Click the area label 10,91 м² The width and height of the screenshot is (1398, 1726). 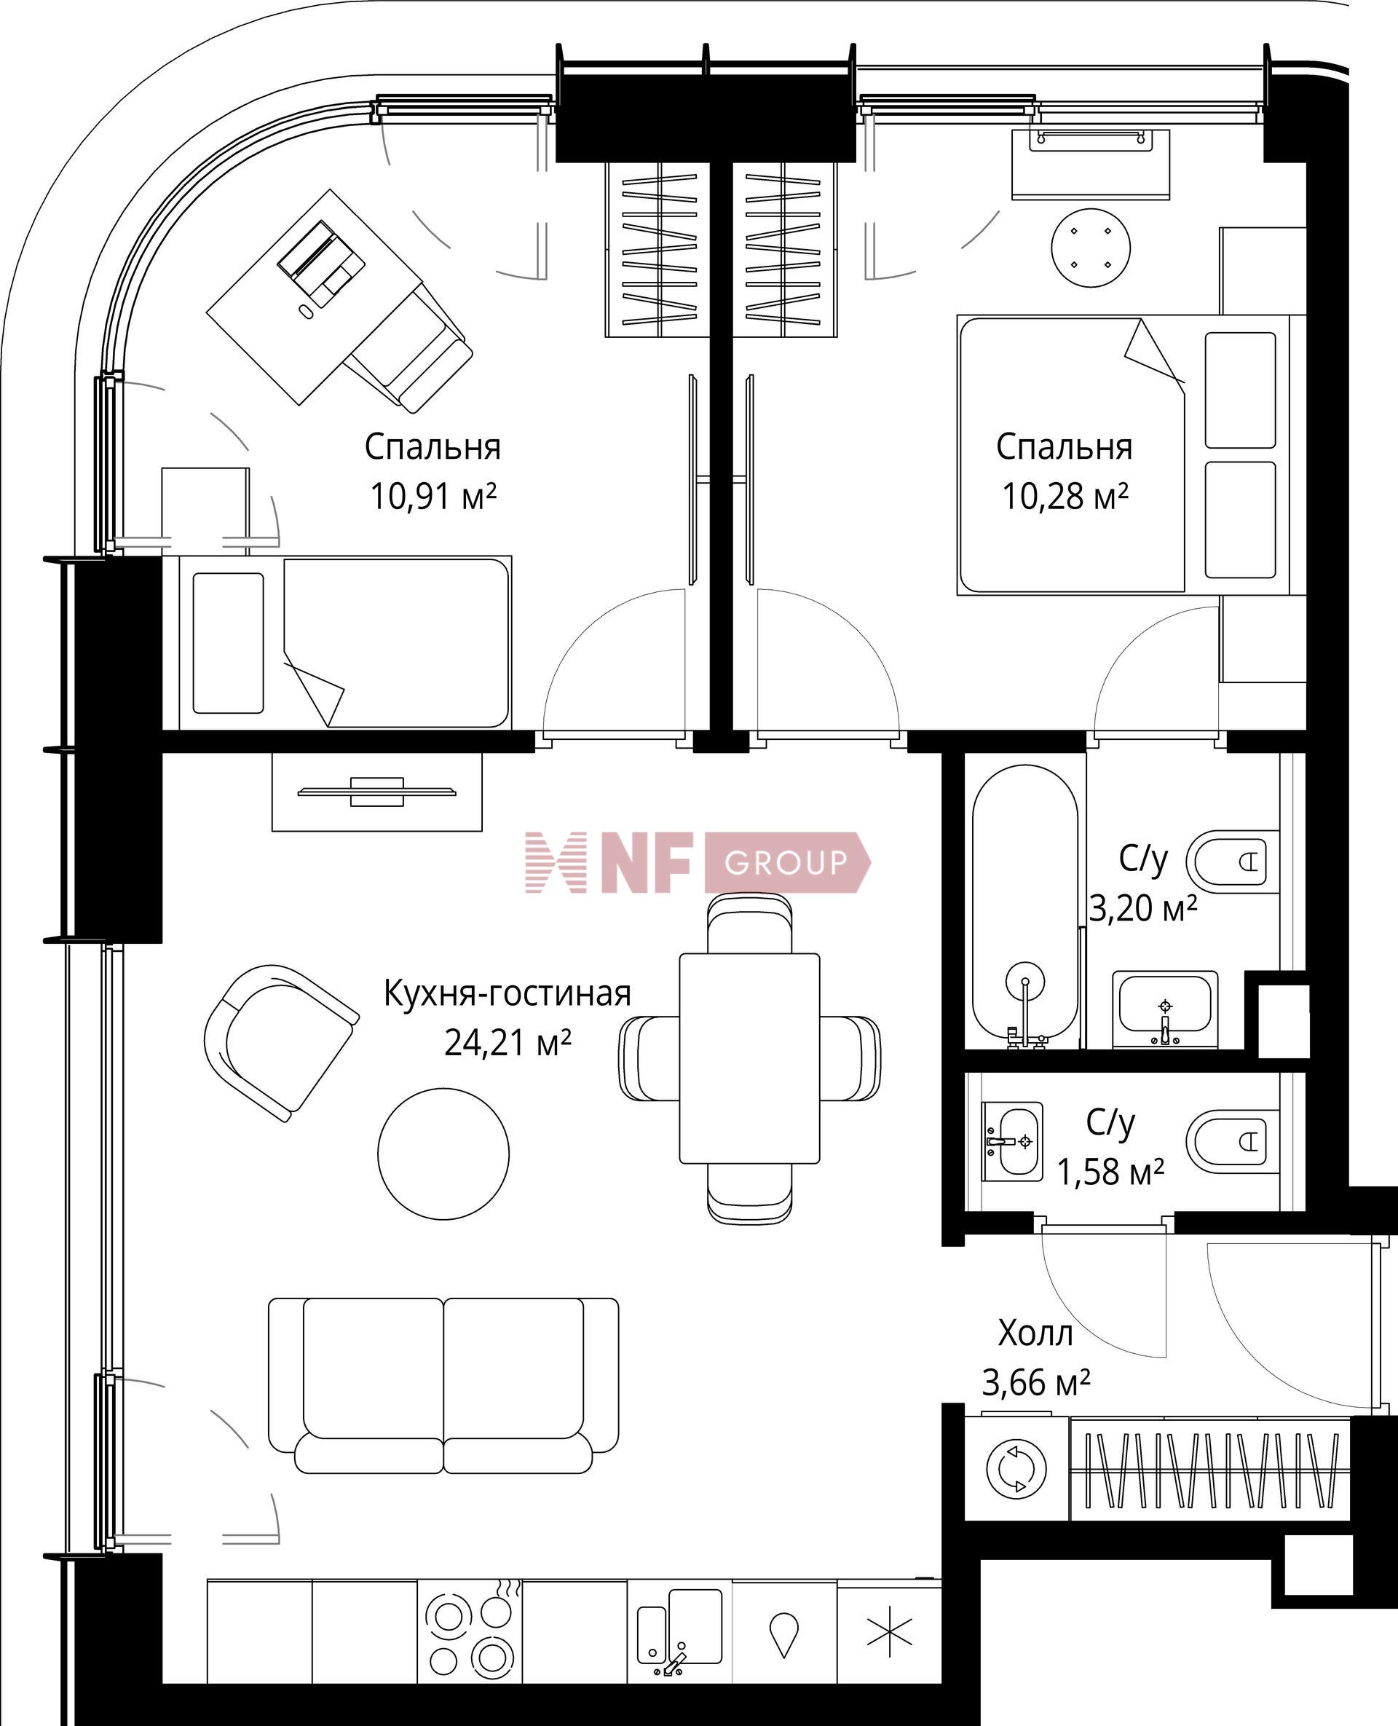(433, 496)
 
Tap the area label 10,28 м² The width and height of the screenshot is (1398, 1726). (1064, 496)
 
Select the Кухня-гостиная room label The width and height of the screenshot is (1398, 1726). (507, 993)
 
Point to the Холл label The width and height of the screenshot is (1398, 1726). (1035, 1333)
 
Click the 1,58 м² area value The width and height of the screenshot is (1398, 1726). (1110, 1172)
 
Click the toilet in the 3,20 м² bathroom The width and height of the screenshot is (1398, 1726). (1231, 862)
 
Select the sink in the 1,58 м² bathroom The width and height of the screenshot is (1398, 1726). (1011, 1141)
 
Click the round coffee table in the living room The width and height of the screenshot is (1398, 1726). (443, 1153)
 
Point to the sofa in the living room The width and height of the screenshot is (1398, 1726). (443, 1385)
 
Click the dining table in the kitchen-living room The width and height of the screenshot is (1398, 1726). (749, 1058)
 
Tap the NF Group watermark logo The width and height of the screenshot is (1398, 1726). (698, 862)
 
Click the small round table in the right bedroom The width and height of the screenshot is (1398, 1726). (1091, 246)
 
